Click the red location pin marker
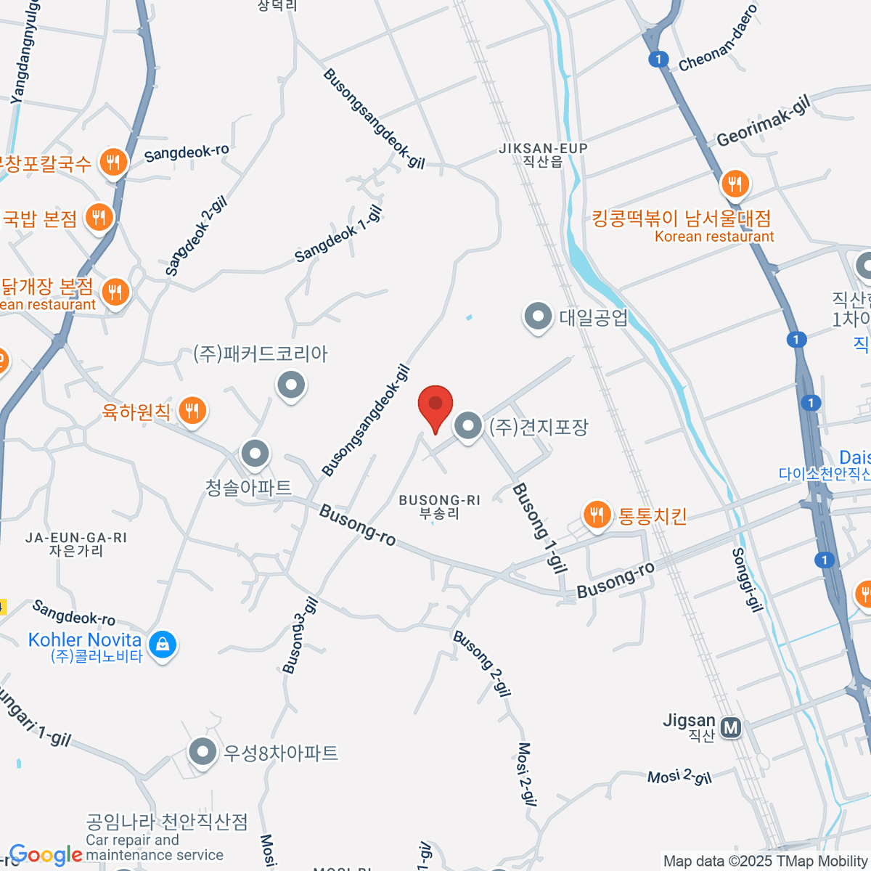coord(435,405)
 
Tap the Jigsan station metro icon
coord(731,727)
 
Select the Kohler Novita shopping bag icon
coord(162,644)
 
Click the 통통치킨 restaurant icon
coord(597,515)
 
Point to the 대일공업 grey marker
coord(538,316)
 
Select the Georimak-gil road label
coord(763,121)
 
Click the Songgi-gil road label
coord(747,580)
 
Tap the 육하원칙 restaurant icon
coord(192,411)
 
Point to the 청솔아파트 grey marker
coord(255,454)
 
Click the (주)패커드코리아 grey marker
coord(291,384)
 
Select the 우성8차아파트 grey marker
coord(203,752)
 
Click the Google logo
coord(45,855)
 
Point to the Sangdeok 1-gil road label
coord(338,234)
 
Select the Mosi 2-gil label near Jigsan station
coord(679,777)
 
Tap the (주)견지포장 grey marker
coord(468,425)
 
